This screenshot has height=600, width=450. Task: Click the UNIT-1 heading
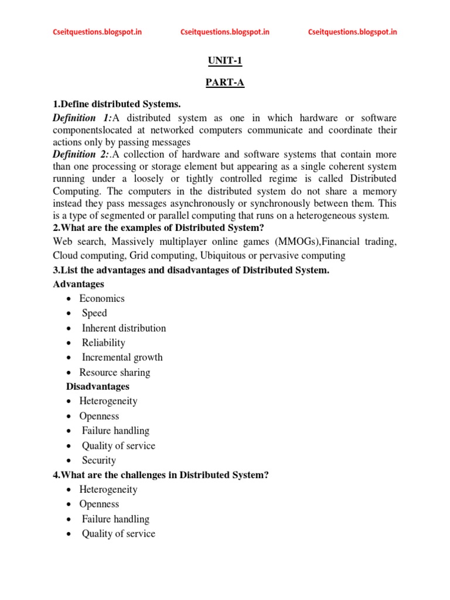tap(224, 60)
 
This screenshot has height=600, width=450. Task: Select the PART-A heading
tap(224, 83)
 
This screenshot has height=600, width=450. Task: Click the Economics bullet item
tap(102, 298)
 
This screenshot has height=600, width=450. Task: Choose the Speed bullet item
tap(94, 313)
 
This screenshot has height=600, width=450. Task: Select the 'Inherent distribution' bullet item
tap(124, 328)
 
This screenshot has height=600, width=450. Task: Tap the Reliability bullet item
tap(103, 343)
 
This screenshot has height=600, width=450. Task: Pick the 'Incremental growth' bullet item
tap(122, 357)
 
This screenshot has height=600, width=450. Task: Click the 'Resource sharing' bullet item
tap(115, 373)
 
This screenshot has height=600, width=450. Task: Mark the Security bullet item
tap(99, 461)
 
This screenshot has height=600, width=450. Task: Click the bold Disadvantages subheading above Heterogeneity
tap(97, 387)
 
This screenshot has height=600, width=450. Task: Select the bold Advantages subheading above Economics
tap(79, 284)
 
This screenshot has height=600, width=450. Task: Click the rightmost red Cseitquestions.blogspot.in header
tap(352, 32)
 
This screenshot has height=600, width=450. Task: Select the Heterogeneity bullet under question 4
tap(108, 489)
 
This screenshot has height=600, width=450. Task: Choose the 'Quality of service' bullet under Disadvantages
tap(118, 446)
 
